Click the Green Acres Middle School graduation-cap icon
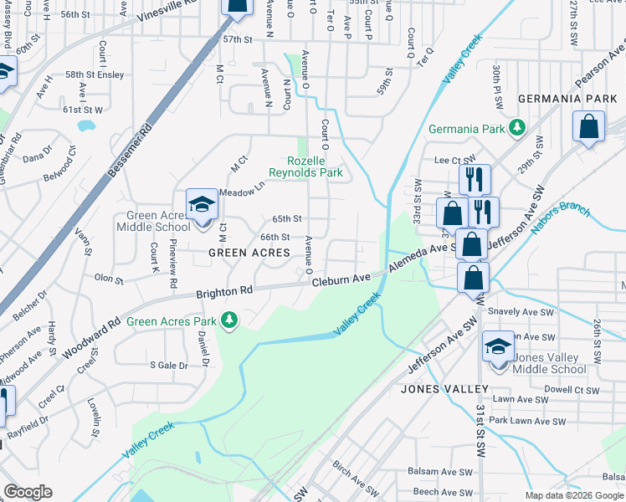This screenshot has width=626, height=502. [x=201, y=204]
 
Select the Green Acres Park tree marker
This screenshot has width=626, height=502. [x=228, y=320]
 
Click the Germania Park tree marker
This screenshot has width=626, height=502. [x=518, y=128]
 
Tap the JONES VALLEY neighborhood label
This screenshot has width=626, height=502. [x=444, y=389]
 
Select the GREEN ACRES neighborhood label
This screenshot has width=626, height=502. [x=243, y=253]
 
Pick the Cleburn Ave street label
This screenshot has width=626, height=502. [x=341, y=280]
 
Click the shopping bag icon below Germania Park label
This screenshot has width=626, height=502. [x=588, y=127]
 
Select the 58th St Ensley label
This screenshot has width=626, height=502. [x=95, y=74]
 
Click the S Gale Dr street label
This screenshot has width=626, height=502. [x=168, y=365]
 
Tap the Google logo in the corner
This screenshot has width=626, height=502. [x=27, y=492]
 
